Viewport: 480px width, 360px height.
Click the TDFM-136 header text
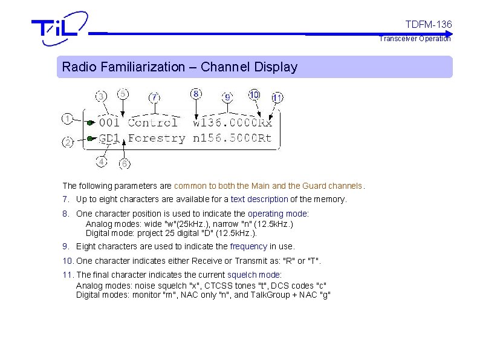(x=428, y=24)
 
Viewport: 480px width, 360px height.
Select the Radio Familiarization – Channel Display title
(x=180, y=67)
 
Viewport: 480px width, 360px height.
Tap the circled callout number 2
(x=68, y=143)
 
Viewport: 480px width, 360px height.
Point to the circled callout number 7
(x=155, y=97)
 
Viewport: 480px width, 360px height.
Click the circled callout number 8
(x=196, y=94)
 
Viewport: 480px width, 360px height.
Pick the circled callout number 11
(x=277, y=97)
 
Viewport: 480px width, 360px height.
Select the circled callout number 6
(x=125, y=163)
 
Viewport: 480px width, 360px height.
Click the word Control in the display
(x=153, y=122)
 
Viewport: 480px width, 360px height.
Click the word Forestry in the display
(x=157, y=139)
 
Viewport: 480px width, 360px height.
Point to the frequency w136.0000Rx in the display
(x=233, y=122)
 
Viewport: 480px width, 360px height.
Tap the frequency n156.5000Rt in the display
(x=233, y=139)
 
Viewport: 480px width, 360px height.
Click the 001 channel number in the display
(x=109, y=122)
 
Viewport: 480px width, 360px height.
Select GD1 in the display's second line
(x=109, y=139)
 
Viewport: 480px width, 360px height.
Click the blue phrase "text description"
(x=259, y=199)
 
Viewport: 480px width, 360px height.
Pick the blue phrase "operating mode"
(x=278, y=214)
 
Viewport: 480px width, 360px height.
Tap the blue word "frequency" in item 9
(x=249, y=246)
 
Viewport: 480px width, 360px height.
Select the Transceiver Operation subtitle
(x=415, y=39)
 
